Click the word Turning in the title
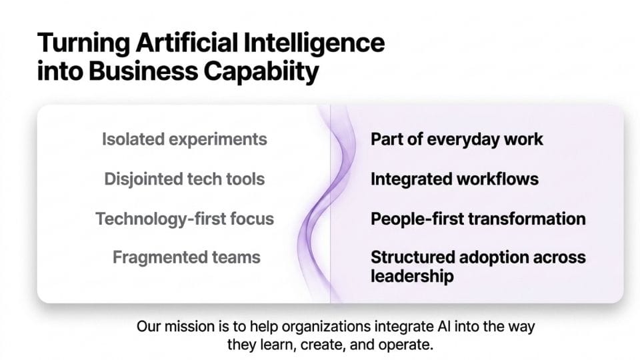point(84,43)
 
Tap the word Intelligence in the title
point(314,43)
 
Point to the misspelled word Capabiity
point(261,72)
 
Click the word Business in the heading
point(143,71)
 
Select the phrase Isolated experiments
point(185,139)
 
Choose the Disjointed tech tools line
point(185,179)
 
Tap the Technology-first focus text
point(185,219)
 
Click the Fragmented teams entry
point(187,257)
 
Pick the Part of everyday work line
point(457,139)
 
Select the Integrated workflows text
point(455,179)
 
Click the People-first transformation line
point(478,219)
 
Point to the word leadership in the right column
point(412,276)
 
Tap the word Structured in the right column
point(413,257)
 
